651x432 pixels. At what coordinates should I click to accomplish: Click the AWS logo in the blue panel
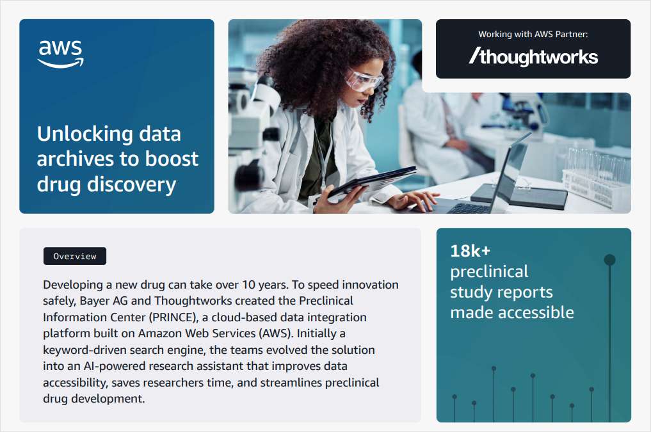[x=60, y=54]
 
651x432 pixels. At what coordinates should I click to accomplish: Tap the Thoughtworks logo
[x=533, y=57]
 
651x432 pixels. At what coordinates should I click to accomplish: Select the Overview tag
[x=75, y=256]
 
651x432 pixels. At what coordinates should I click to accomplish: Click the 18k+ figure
[x=470, y=251]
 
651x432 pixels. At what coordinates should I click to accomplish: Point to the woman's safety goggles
[x=363, y=79]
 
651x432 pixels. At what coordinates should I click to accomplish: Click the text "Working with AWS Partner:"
[x=533, y=34]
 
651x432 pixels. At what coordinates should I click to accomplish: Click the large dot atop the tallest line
[x=609, y=260]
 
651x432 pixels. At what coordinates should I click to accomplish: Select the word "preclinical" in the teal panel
[x=489, y=271]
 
